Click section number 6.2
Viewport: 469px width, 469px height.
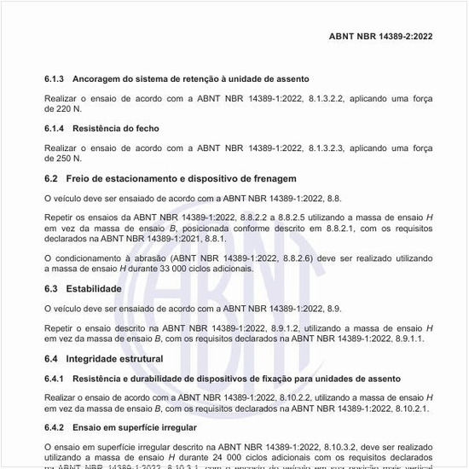[x=52, y=179]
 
